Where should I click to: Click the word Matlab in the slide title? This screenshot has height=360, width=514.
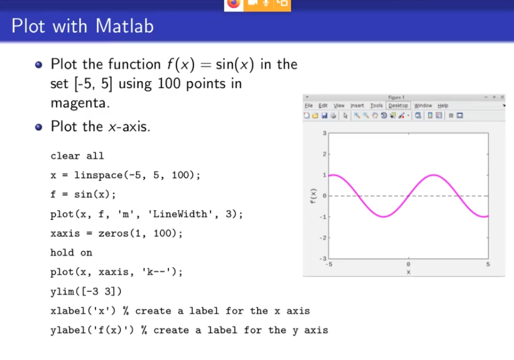point(124,26)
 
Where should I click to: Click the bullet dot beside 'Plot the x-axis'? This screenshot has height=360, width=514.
point(38,127)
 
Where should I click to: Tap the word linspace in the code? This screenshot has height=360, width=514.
point(99,175)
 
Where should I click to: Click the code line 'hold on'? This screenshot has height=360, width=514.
point(71,253)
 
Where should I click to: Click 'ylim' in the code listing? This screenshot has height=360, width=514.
point(62,292)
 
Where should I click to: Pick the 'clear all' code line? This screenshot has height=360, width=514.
point(77,156)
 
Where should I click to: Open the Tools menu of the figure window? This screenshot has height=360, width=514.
point(376,106)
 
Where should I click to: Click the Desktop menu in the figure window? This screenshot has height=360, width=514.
point(398,106)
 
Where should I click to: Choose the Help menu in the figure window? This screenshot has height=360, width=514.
point(443,106)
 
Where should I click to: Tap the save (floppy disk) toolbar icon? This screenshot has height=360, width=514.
point(324,115)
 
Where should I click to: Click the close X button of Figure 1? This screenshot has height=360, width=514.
point(502,97)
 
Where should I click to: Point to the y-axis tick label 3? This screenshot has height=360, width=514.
point(324,133)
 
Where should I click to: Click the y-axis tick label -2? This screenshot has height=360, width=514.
point(323,238)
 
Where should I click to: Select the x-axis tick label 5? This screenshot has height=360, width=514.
point(488,264)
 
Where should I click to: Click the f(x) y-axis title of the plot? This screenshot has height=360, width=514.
point(313,196)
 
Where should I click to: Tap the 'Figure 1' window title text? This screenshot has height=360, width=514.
point(396,97)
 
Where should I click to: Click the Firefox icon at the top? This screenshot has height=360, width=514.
point(234,3)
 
